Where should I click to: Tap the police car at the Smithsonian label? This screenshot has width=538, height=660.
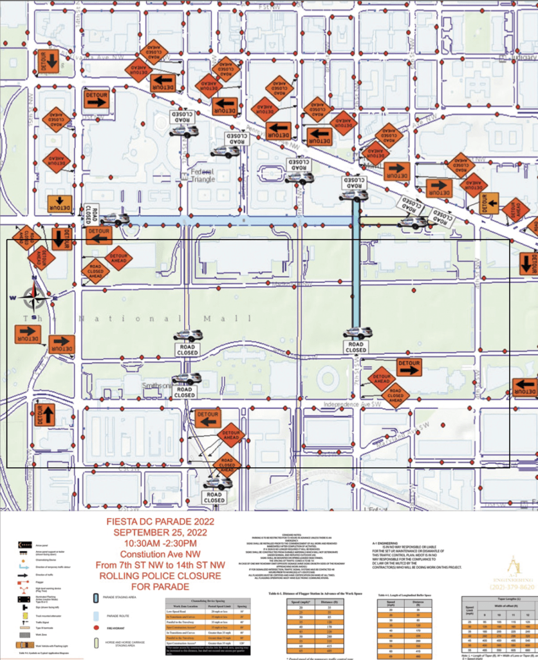[186, 378]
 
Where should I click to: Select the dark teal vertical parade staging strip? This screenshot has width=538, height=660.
[355, 271]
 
